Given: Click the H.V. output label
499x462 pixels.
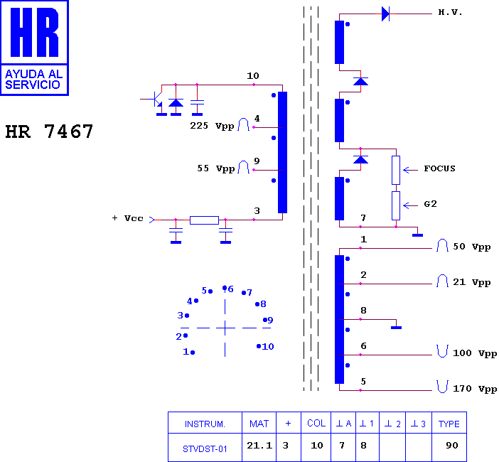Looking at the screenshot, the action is coord(450,12).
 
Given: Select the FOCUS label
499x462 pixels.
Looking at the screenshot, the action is coord(439,168).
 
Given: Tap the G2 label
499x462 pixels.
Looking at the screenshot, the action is coord(430,204).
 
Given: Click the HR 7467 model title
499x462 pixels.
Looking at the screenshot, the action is coord(49,131).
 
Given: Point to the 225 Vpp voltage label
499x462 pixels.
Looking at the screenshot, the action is coord(212,126).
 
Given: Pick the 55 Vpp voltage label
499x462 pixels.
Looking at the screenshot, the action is coord(216,168).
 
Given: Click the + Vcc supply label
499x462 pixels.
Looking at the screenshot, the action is coord(128,218).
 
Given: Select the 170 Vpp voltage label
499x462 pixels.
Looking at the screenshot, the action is coord(475,389).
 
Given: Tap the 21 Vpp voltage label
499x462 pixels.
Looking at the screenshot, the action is coord(471,282).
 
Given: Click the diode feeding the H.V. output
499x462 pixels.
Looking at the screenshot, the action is coord(385,14).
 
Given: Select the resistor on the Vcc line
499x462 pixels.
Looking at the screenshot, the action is coord(204,220).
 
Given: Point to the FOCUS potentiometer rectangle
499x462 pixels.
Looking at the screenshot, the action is coord(396,170).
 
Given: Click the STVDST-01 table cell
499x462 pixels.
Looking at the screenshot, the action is coord(205,449).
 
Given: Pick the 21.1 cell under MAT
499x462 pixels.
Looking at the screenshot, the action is coord(259,446).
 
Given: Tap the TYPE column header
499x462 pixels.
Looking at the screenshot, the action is coord(449,424).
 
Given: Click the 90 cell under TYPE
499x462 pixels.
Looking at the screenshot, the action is coord(452,446).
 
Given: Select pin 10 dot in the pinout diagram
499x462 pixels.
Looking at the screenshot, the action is coord(259,346).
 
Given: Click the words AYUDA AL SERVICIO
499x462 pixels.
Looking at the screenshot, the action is coord(33,79).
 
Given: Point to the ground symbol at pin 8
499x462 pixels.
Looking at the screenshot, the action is coord(396,328).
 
